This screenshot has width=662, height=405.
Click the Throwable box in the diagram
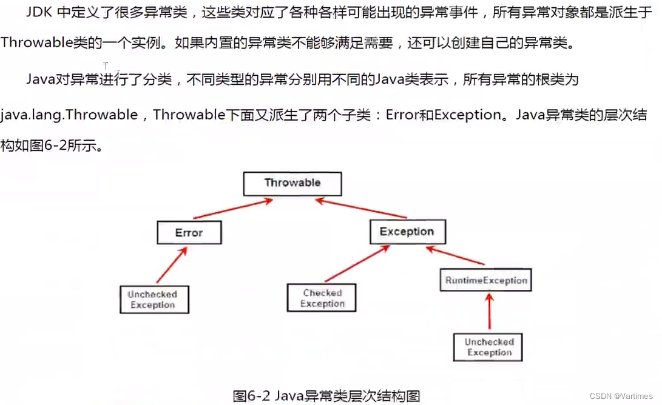pos(292,184)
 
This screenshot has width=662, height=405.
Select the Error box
pos(189,233)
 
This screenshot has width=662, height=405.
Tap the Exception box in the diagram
pos(407,232)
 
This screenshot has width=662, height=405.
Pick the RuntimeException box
pos(486,281)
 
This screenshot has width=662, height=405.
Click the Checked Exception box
pos(322,298)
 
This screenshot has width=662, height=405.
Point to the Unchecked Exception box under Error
pos(153,300)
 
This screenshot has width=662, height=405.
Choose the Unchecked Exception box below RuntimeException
pos(488,347)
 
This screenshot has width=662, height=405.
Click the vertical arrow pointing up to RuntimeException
pos(488,312)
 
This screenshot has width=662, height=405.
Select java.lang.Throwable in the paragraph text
pos(69,114)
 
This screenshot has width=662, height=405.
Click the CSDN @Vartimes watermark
pos(623,395)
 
